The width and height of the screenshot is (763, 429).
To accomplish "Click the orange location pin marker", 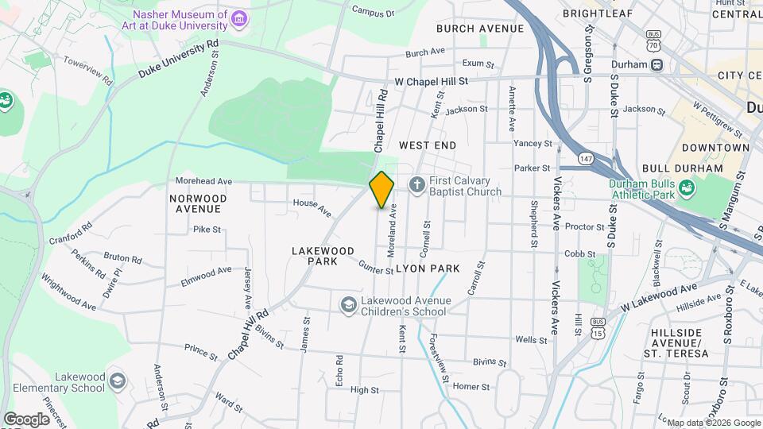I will pyautogui.click(x=381, y=189).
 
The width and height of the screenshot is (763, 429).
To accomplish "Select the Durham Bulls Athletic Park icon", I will pyautogui.click(x=687, y=188).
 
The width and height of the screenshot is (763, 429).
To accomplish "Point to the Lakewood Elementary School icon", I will pyautogui.click(x=118, y=381).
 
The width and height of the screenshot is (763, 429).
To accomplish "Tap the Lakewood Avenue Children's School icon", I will pyautogui.click(x=348, y=305).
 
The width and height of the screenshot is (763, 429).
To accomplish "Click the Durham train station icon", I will pyautogui.click(x=657, y=64).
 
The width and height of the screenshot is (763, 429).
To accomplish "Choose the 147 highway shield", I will pyautogui.click(x=586, y=158).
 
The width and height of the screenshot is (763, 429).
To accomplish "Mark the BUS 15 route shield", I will pyautogui.click(x=598, y=327).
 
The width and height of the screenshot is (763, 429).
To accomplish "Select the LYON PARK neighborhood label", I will pyautogui.click(x=433, y=269).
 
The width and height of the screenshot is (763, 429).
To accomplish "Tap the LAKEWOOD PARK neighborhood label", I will pyautogui.click(x=323, y=256).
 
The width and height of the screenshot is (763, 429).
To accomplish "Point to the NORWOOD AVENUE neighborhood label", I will pyautogui.click(x=198, y=203).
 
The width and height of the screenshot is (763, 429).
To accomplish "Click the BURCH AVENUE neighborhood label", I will pyautogui.click(x=480, y=29).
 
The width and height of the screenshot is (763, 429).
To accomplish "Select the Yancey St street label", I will pyautogui.click(x=533, y=144).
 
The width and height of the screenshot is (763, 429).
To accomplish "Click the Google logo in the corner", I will pyautogui.click(x=25, y=419).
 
